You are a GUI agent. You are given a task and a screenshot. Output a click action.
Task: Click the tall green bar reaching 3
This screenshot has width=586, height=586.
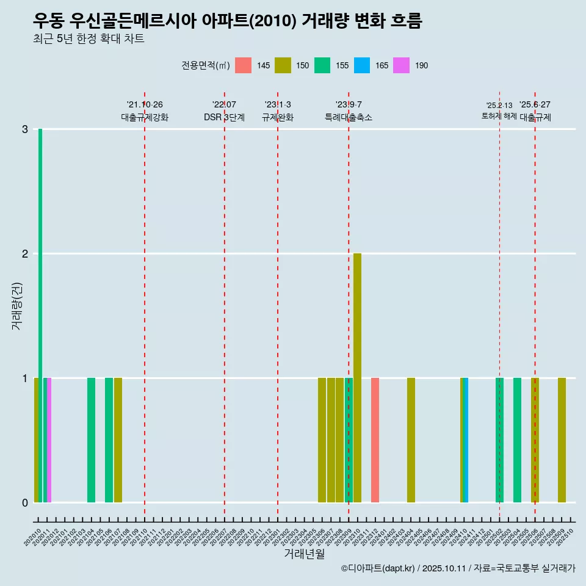(40, 305)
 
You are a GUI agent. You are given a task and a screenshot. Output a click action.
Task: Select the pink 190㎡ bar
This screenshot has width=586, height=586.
(49, 440)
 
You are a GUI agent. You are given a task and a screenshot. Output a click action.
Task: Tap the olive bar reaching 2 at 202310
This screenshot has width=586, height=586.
(357, 378)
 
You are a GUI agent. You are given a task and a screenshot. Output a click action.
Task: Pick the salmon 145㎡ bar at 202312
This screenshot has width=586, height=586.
(375, 440)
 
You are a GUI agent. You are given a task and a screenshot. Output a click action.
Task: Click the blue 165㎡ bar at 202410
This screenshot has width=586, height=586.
(466, 440)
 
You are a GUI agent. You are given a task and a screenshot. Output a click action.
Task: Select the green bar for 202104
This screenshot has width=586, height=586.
(91, 440)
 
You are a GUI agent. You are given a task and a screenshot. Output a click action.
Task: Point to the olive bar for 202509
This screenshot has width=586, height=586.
(562, 440)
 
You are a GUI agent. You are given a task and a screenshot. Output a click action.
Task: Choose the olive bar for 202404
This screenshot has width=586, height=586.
(411, 440)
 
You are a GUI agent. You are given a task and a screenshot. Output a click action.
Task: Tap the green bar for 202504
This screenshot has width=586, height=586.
(517, 440)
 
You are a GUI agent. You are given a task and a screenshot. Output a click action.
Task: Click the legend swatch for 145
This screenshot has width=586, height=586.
(243, 65)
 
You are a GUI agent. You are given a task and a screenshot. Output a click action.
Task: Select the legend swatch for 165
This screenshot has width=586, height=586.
(362, 65)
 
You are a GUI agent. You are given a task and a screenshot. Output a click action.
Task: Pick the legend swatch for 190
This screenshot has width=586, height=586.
(402, 65)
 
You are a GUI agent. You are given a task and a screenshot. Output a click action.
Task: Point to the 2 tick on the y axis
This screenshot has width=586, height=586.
(25, 254)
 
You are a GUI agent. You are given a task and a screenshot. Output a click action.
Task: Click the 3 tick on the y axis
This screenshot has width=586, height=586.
(25, 129)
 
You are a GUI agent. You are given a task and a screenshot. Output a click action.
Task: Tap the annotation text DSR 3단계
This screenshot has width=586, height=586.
(225, 118)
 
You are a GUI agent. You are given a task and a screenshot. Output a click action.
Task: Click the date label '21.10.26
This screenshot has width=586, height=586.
(145, 105)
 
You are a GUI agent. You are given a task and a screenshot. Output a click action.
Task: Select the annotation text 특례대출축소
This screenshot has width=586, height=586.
(349, 118)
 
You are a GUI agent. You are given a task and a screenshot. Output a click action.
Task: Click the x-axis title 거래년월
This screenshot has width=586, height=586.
(305, 554)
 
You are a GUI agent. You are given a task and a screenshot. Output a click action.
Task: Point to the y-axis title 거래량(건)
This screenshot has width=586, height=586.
(17, 306)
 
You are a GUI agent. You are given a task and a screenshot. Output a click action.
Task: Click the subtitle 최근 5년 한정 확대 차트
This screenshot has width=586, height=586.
(89, 39)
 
